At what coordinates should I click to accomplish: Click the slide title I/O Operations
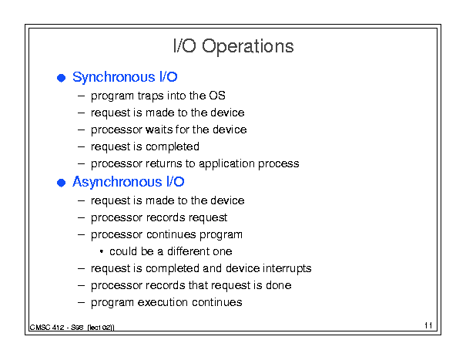(233, 46)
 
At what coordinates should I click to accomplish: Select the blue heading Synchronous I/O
(125, 77)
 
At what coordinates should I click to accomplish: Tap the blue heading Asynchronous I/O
(129, 182)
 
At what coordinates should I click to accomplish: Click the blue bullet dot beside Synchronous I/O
(61, 78)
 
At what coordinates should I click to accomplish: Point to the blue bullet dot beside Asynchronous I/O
(61, 183)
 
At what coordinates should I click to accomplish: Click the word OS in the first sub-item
(217, 96)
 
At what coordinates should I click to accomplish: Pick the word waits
(159, 130)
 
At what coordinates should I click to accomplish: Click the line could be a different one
(170, 251)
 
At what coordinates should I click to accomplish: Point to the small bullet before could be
(102, 252)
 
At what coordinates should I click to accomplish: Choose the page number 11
(428, 325)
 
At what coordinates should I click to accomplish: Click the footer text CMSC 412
(47, 328)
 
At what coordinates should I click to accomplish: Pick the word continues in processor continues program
(171, 234)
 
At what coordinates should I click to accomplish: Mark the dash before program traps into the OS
(81, 96)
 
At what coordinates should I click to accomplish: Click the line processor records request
(159, 218)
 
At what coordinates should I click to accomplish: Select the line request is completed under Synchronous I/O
(145, 147)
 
